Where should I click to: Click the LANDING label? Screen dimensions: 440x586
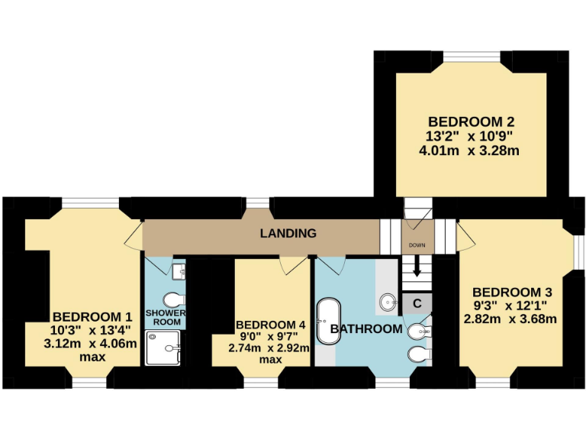click(x=288, y=233)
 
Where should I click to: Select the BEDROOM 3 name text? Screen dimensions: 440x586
click(x=512, y=292)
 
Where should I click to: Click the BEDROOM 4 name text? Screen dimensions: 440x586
click(x=271, y=324)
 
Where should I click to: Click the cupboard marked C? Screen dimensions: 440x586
click(x=417, y=303)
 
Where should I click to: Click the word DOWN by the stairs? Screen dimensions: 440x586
click(x=417, y=245)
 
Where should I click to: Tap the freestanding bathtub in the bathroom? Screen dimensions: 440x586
click(x=330, y=322)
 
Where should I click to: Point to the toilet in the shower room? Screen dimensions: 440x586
click(x=174, y=298)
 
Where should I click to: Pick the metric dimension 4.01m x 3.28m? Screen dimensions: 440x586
click(x=469, y=150)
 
